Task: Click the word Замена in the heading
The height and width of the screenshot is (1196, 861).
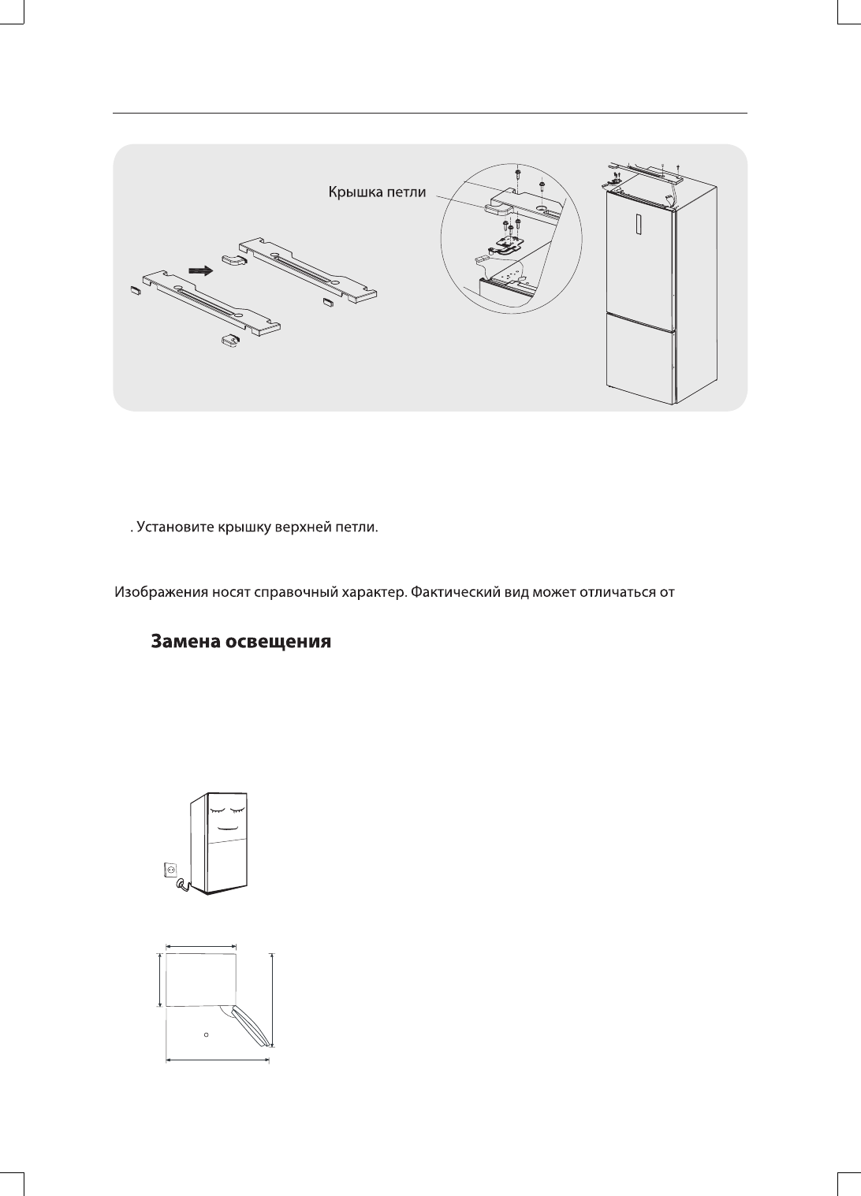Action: coord(185,642)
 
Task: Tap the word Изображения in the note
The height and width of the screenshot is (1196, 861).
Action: coord(162,591)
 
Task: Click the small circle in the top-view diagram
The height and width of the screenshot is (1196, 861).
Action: coord(206,1034)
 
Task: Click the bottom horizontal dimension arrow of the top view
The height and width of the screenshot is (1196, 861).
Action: coord(218,1061)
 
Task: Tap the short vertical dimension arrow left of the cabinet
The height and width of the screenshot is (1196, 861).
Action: coord(160,979)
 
